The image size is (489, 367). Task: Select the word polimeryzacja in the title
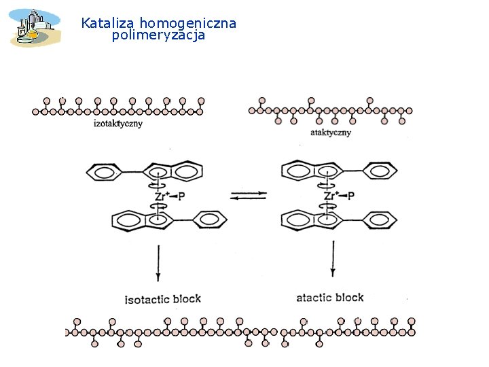(158, 35)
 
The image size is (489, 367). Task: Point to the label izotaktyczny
(117, 124)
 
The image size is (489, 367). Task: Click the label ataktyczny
(330, 133)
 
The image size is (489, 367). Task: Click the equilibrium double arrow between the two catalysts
(248, 196)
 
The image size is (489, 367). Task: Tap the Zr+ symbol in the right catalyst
(331, 196)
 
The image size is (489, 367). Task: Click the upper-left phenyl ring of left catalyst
(103, 171)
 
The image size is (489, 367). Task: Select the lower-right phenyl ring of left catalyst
(211, 220)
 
